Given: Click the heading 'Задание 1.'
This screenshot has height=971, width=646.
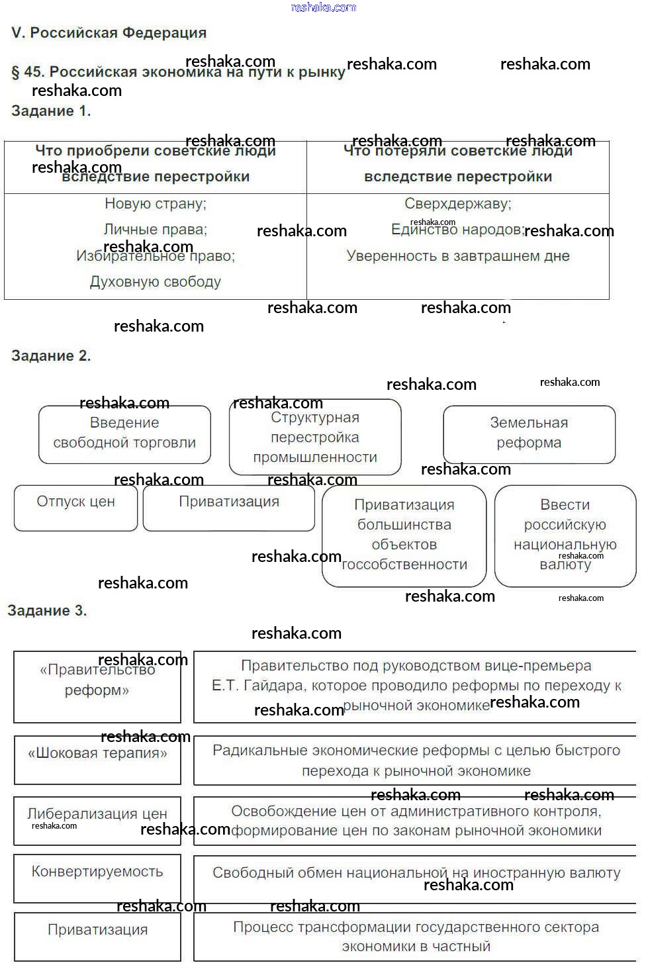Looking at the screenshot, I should (51, 111).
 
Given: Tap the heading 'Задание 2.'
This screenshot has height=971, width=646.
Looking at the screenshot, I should (51, 356).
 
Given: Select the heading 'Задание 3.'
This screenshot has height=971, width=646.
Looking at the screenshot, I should (47, 611).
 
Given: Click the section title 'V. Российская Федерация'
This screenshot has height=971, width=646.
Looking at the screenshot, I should (109, 33).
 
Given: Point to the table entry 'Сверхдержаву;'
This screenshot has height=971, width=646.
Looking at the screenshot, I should (458, 204).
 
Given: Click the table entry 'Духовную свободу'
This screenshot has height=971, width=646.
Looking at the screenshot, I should (156, 282).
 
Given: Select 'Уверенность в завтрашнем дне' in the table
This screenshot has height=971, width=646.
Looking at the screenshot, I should (458, 256).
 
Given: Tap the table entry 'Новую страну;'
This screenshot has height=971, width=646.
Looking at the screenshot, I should (156, 204).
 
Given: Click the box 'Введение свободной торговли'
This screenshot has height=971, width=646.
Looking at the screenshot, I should (124, 434).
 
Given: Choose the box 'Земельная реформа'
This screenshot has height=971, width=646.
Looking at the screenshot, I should (529, 434).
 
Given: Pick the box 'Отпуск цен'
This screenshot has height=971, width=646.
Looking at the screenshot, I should (76, 507).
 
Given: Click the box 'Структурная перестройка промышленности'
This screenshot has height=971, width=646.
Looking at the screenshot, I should (315, 438).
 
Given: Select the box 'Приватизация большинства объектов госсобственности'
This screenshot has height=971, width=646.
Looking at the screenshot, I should (404, 535).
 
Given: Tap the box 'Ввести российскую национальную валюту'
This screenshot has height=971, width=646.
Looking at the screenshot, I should (565, 535).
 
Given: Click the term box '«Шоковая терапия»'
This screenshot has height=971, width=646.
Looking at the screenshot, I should (97, 759).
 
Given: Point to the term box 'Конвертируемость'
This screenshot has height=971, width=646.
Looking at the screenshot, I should (97, 877).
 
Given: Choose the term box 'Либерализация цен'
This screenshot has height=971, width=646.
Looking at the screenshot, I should (97, 819).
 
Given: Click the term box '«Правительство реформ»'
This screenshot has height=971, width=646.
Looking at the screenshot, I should (97, 686).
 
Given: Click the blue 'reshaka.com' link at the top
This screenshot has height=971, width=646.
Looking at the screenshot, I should (324, 7).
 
